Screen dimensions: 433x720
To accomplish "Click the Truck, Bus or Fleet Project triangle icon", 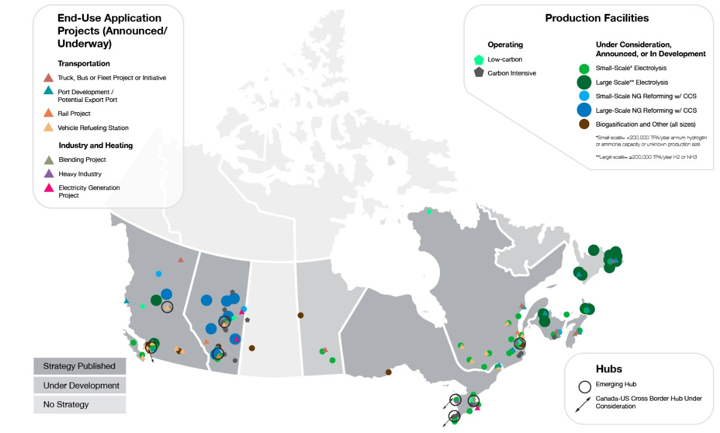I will pyautogui.click(x=49, y=77).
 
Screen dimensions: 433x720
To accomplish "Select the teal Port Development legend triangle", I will pyautogui.click(x=49, y=90).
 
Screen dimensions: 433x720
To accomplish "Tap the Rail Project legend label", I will pyautogui.click(x=74, y=113).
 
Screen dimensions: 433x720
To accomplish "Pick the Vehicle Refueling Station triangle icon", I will pyautogui.click(x=49, y=127).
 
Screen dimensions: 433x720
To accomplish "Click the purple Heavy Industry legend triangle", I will pyautogui.click(x=49, y=173).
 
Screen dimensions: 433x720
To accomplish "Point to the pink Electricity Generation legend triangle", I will pyautogui.click(x=49, y=188).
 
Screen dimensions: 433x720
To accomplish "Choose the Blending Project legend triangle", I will pyautogui.click(x=49, y=159).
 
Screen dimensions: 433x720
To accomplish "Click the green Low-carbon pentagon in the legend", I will pyautogui.click(x=478, y=59).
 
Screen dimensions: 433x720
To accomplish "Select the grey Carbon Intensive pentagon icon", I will pyautogui.click(x=478, y=73).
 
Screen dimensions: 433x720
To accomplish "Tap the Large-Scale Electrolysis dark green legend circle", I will pyautogui.click(x=584, y=82).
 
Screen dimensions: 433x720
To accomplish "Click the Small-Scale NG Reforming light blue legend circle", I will pyautogui.click(x=584, y=96).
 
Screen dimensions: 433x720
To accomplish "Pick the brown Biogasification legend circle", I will pyautogui.click(x=584, y=125).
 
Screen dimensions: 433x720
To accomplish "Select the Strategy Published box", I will pyautogui.click(x=80, y=366).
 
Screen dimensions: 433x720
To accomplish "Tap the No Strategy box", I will pyautogui.click(x=80, y=404).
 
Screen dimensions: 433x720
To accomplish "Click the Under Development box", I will pyautogui.click(x=80, y=385).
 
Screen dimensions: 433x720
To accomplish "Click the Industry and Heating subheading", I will pyautogui.click(x=95, y=145).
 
